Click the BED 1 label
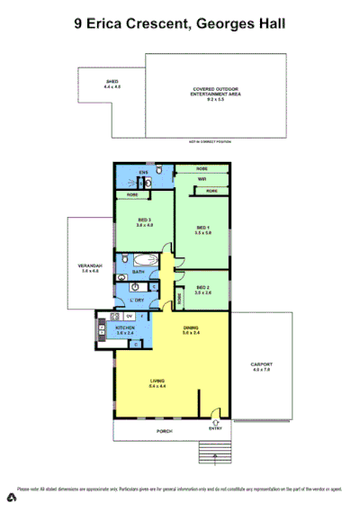click(x=202, y=229)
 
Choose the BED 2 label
click(x=202, y=290)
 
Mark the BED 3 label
click(x=145, y=222)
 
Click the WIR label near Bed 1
click(x=202, y=179)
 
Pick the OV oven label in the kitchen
click(x=130, y=316)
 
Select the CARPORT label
click(x=261, y=367)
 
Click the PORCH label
click(x=165, y=431)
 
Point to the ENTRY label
click(x=216, y=428)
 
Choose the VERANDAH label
click(x=90, y=267)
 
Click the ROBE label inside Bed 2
click(x=180, y=294)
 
